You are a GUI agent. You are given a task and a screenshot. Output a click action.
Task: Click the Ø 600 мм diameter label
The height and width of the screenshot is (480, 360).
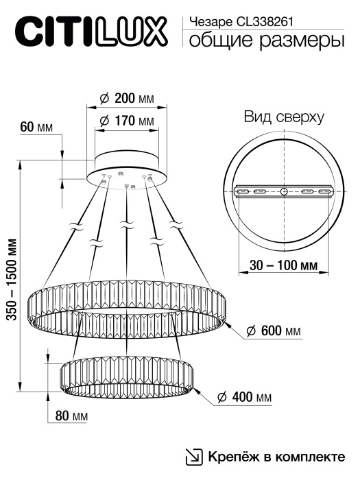pos(273,331)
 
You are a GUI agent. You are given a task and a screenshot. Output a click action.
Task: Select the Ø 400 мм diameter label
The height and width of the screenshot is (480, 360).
pos(243,398)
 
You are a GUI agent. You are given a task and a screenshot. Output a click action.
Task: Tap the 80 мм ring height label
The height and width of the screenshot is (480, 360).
pos(70,416)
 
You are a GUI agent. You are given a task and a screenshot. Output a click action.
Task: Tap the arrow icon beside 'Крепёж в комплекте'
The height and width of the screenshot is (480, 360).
pos(195,457)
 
